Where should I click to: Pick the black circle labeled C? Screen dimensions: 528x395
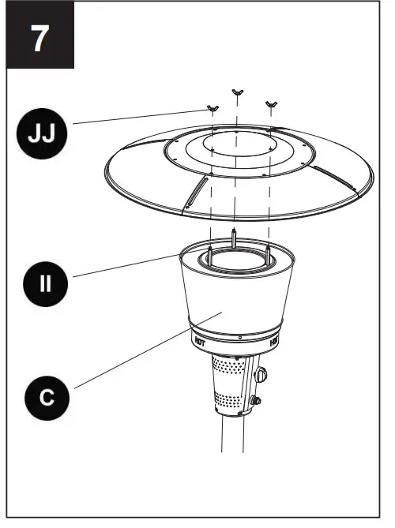pyautogui.click(x=41, y=398)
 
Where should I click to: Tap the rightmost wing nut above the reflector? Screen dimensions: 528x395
pyautogui.click(x=272, y=103)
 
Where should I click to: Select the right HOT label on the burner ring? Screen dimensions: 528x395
pyautogui.click(x=274, y=342)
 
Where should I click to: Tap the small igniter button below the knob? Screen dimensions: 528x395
pyautogui.click(x=257, y=402)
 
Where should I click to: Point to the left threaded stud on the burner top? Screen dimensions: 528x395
pyautogui.click(x=209, y=251)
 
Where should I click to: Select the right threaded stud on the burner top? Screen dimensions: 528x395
pyautogui.click(x=269, y=251)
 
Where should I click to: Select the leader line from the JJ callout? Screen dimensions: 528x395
pyautogui.click(x=134, y=118)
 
